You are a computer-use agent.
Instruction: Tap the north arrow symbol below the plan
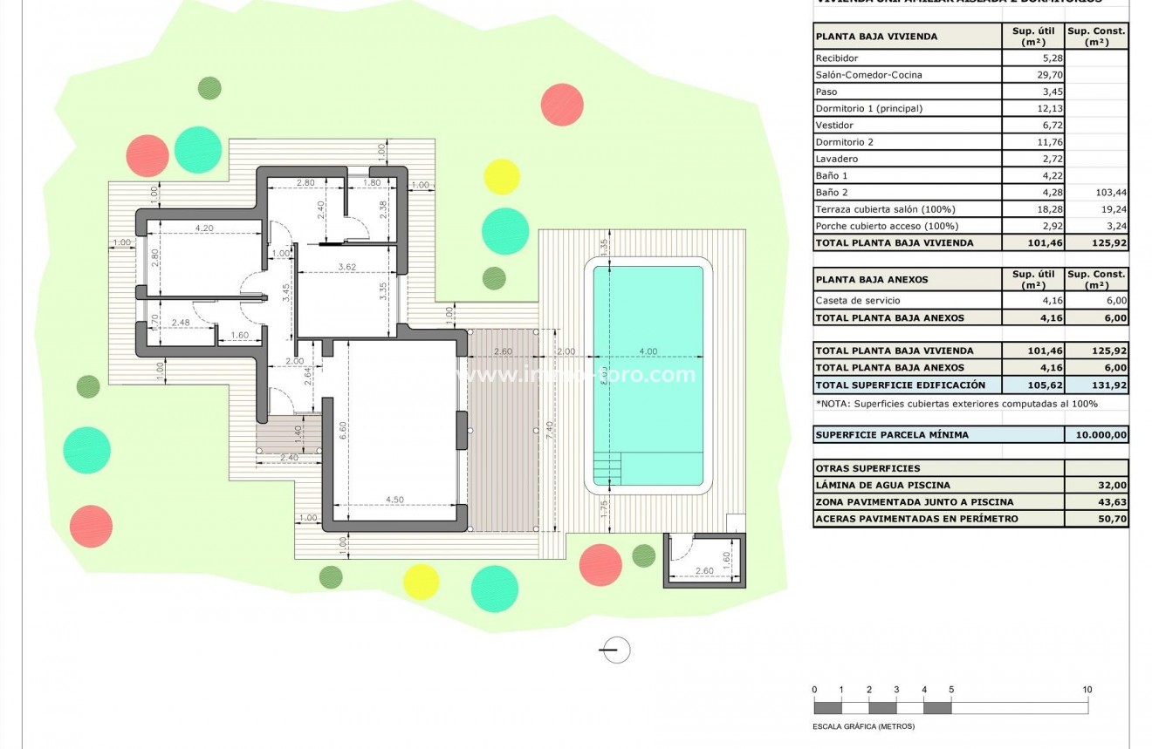coord(616,650)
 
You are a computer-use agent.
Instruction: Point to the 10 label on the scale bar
coord(1087,690)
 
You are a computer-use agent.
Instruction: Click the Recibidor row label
coord(836,58)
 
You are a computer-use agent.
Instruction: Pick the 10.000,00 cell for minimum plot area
coord(1096,434)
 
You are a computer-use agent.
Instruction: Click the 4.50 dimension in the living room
coord(394,500)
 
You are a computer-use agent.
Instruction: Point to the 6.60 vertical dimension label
coord(342,431)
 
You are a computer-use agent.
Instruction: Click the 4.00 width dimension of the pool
coord(648,351)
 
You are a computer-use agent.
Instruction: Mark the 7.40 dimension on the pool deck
coord(547,430)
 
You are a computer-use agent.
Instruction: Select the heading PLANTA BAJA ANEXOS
coord(860,280)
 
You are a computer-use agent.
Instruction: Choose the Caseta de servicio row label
coord(856,301)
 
